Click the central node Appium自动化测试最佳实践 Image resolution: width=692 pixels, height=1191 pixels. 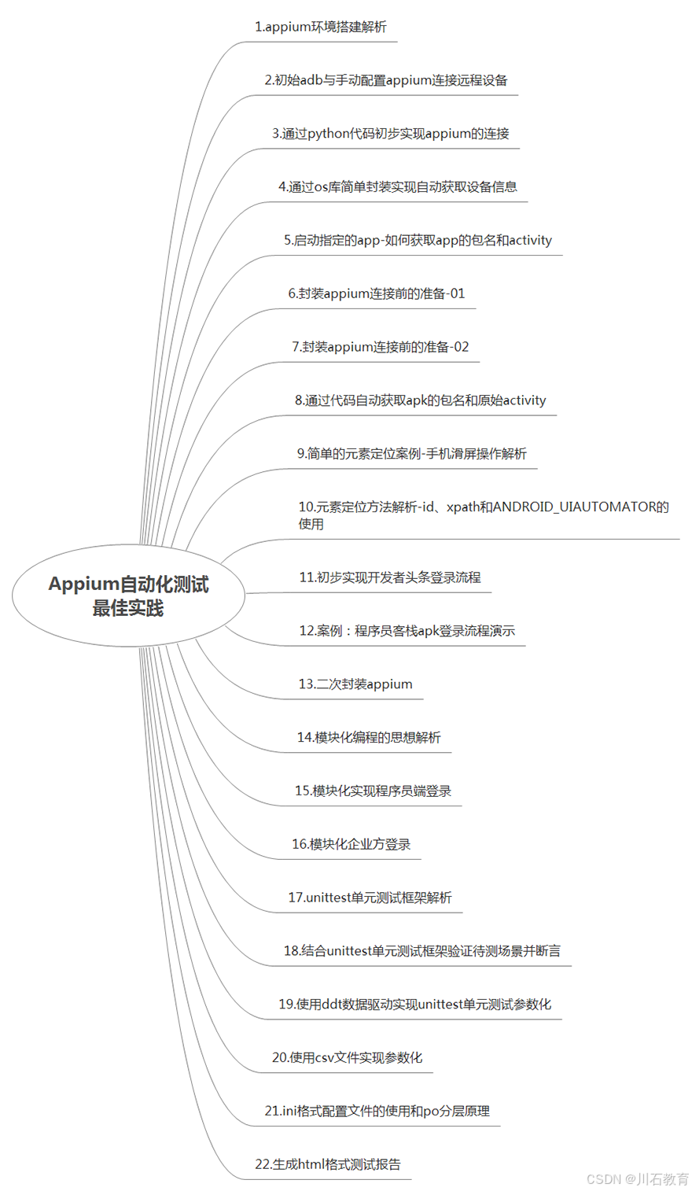pyautogui.click(x=128, y=595)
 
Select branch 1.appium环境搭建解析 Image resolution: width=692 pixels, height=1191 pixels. pyautogui.click(x=320, y=27)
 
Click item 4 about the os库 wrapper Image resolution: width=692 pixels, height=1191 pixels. pyautogui.click(x=397, y=187)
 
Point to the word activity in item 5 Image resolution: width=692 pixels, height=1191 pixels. pyautogui.click(x=530, y=241)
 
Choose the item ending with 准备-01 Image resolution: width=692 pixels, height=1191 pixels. pyautogui.click(x=377, y=293)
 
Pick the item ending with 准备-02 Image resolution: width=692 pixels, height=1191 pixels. pyautogui.click(x=380, y=347)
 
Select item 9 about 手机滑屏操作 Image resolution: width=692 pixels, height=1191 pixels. pyautogui.click(x=411, y=454)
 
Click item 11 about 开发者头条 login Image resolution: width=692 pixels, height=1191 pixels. pyautogui.click(x=389, y=577)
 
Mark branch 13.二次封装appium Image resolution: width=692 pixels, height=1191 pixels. pyautogui.click(x=355, y=684)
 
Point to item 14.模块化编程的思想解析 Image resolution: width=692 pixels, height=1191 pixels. pyautogui.click(x=369, y=738)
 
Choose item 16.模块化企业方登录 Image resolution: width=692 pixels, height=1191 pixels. pyautogui.click(x=351, y=844)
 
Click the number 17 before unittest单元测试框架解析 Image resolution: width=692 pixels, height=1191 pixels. pyautogui.click(x=295, y=898)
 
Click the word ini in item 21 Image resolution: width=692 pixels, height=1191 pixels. pyautogui.click(x=290, y=1112)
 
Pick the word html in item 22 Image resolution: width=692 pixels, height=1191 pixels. pyautogui.click(x=312, y=1165)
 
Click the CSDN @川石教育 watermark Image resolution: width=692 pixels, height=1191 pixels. pyautogui.click(x=638, y=1179)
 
